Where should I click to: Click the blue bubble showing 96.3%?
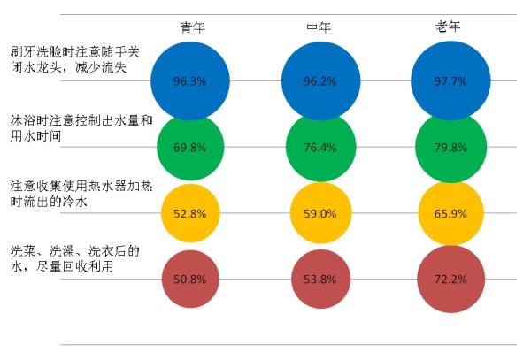coord(190,80)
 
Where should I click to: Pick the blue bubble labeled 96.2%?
coord(319,80)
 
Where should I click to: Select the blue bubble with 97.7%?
coord(450,80)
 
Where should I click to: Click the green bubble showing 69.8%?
coord(190,147)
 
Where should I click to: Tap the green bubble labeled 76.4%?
coord(319,147)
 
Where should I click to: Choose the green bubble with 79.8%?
coord(450,147)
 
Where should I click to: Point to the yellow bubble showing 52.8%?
coord(190,213)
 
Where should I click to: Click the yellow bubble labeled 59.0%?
coord(319,213)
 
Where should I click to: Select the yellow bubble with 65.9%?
coord(450,213)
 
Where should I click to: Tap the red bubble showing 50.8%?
coord(190,280)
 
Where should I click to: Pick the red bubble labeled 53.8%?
coord(319,280)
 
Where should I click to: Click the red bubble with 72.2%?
coord(450,280)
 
